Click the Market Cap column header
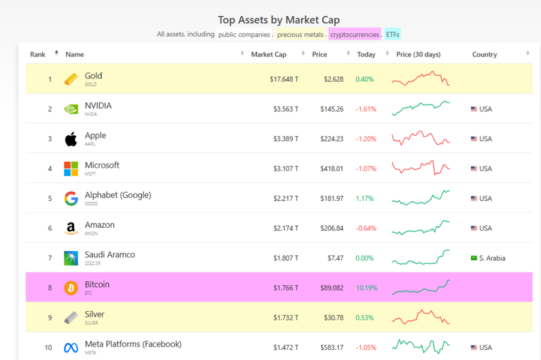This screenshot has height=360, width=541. point(268,54)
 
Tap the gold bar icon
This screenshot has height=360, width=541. point(71,79)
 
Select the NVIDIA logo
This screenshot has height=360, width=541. point(71,109)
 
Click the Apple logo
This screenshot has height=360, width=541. point(71,139)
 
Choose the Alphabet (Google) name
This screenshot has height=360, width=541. point(118,195)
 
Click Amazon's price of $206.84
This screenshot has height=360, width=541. point(332,228)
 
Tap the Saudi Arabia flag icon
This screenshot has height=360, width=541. point(474,258)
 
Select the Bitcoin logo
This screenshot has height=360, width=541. point(71,288)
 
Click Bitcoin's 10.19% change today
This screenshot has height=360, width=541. point(367,288)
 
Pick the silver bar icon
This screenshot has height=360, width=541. point(71,317)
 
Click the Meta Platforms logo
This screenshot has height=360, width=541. point(71,347)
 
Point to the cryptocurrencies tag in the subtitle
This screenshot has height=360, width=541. point(355,35)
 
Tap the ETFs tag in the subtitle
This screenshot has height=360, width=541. point(393,35)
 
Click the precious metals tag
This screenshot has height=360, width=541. point(300,35)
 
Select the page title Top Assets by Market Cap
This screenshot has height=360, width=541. point(278,20)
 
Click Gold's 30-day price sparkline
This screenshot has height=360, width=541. point(421,79)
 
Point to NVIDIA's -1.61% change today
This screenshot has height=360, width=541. point(365,109)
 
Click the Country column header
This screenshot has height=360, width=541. point(484,54)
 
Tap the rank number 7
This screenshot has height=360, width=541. point(50,258)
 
